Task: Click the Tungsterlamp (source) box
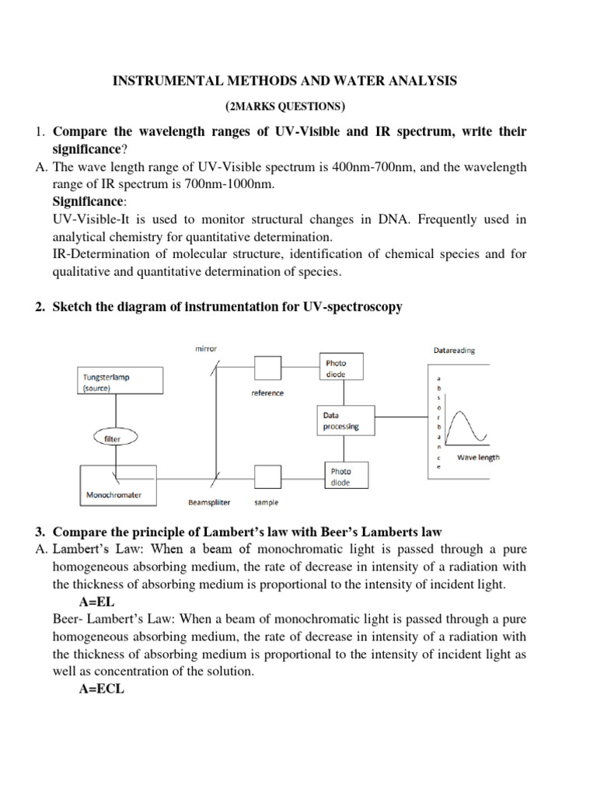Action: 121,382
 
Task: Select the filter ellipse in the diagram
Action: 113,438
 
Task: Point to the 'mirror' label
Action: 206,350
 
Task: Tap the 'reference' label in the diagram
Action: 267,393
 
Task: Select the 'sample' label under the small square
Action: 267,502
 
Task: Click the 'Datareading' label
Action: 453,350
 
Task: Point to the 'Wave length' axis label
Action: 478,457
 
